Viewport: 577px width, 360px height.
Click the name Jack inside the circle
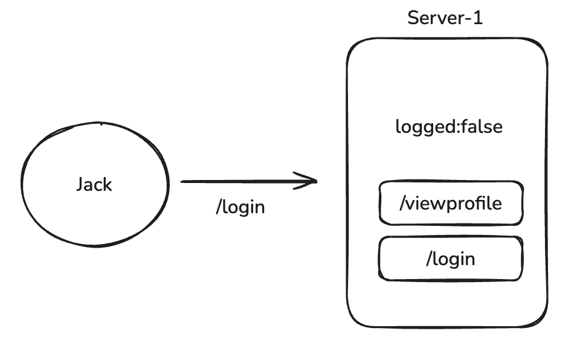[94, 184]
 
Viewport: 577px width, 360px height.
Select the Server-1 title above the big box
[445, 17]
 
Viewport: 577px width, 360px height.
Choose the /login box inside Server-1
[451, 259]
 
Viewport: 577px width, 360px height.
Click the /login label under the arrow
[240, 207]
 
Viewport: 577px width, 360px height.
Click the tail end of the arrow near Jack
[183, 181]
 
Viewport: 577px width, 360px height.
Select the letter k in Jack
[108, 184]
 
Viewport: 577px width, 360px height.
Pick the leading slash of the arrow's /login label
[219, 207]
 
